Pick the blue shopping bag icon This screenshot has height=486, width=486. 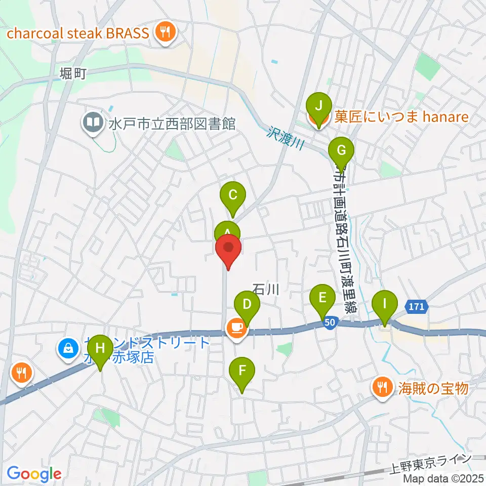pyautogui.click(x=68, y=348)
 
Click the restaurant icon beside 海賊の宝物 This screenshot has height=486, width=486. pyautogui.click(x=381, y=388)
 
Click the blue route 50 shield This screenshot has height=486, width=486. pyautogui.click(x=330, y=322)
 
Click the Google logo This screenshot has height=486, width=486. pyautogui.click(x=34, y=474)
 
